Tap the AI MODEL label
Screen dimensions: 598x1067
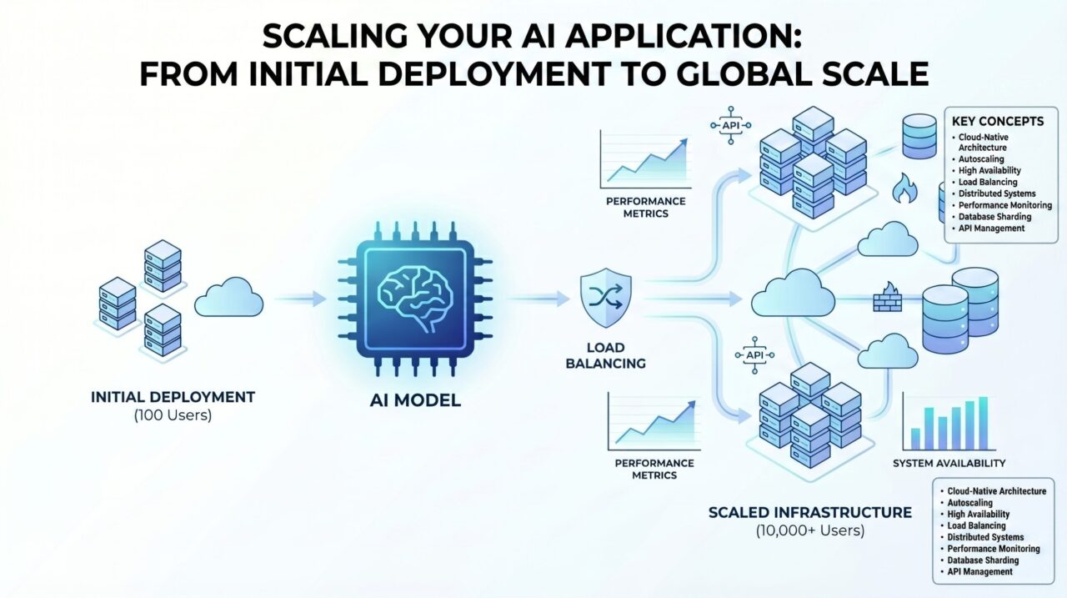[415, 400]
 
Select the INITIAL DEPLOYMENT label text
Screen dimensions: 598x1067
[173, 397]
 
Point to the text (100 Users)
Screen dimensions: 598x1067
[173, 415]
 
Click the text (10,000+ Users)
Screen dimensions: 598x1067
[809, 530]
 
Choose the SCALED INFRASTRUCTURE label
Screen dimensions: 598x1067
[809, 512]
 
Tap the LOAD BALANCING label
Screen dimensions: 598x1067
[606, 355]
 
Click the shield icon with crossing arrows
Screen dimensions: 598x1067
[606, 299]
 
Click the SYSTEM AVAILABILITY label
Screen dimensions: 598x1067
[949, 463]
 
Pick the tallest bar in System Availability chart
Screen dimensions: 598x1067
[983, 423]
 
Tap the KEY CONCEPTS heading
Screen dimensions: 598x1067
[997, 121]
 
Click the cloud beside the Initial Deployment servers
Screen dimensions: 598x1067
[228, 299]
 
